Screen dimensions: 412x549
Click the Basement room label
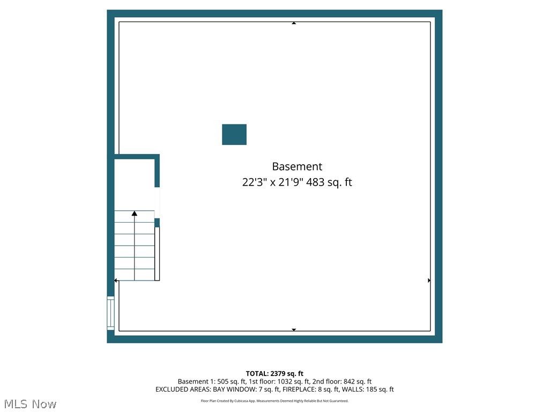pos(297,166)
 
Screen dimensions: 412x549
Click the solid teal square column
pos(234,135)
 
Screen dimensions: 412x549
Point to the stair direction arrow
pos(135,214)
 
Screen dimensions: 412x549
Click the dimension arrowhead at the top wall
pos(294,23)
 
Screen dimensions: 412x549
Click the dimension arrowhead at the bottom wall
pos(294,329)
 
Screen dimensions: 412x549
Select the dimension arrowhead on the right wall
pos(429,281)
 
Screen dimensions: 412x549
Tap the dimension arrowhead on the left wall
pos(116,281)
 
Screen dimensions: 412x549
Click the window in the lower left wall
pos(110,313)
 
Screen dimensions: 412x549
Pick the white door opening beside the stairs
pos(157,202)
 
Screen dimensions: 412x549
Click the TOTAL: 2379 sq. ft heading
pos(274,373)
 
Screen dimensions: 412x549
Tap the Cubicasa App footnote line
pos(274,401)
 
